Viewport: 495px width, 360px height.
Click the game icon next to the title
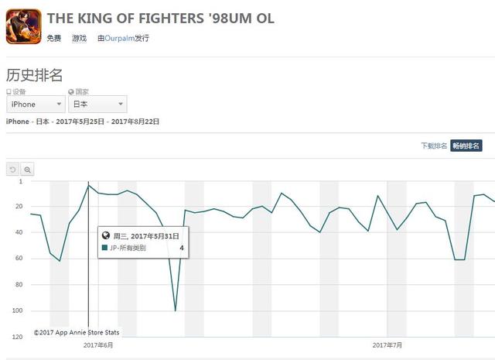[23, 25]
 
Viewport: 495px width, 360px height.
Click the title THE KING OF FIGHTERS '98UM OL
[160, 18]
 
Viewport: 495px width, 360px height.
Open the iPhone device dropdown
[36, 105]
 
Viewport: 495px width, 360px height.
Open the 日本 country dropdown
[98, 105]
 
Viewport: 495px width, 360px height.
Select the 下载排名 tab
[433, 146]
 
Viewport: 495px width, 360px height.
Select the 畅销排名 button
[466, 146]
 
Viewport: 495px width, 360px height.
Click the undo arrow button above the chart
[12, 169]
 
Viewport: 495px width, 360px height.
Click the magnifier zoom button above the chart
[27, 169]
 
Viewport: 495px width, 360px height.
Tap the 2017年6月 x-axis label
[98, 345]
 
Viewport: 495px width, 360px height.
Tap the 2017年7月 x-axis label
[387, 345]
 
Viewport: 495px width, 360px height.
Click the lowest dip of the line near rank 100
[176, 310]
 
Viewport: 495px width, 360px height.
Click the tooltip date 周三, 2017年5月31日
[146, 235]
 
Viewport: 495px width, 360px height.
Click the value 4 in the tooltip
[182, 248]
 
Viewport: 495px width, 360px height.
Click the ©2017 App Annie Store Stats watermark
[76, 332]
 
